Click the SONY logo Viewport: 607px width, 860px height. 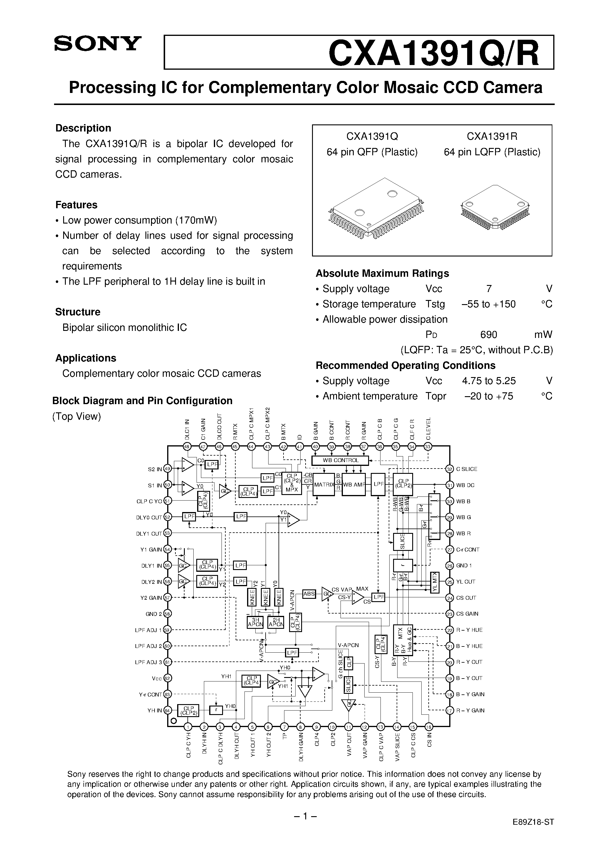(x=98, y=44)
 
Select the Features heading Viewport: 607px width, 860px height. (x=76, y=205)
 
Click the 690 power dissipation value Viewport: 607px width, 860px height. (x=488, y=334)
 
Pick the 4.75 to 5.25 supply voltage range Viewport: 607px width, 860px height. (x=489, y=381)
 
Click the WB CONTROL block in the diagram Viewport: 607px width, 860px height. (x=340, y=460)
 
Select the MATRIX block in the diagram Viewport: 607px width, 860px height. (x=323, y=485)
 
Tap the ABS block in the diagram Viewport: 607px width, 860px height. (x=309, y=594)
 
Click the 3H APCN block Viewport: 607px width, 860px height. (x=255, y=622)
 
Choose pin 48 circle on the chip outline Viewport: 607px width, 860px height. (x=187, y=446)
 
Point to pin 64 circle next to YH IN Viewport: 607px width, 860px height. (x=168, y=711)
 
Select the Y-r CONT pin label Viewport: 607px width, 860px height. (x=150, y=694)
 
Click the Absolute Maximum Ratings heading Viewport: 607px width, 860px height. (x=382, y=274)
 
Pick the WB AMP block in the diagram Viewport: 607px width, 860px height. (x=354, y=485)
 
